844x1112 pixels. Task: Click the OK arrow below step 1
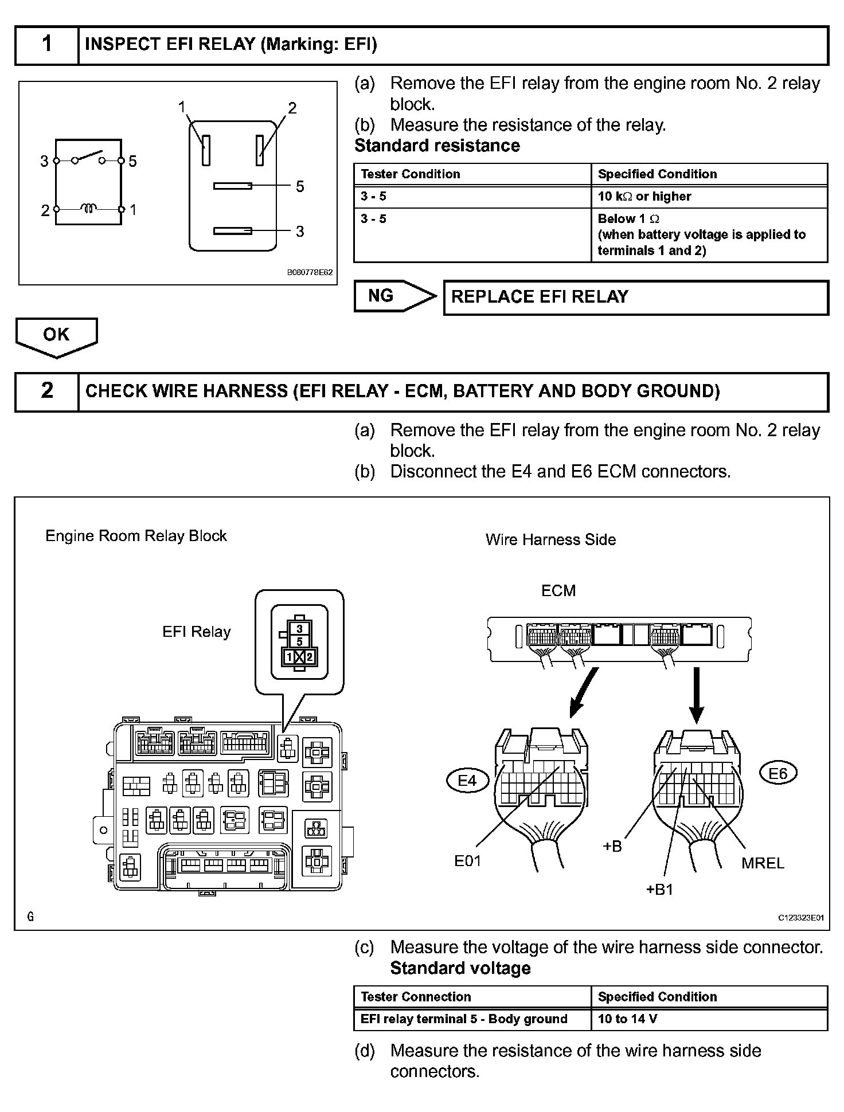coord(56,336)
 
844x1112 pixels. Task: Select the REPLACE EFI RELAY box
coord(636,297)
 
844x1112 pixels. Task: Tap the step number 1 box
coord(46,44)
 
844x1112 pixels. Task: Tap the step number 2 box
coord(46,391)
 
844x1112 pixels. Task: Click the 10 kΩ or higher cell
coord(709,197)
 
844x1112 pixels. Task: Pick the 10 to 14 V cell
coord(709,1019)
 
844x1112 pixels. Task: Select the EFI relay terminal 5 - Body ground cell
coord(472,1019)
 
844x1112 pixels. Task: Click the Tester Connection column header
coord(472,996)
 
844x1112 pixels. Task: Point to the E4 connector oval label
coord(467,781)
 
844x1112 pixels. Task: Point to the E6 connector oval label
coord(777,774)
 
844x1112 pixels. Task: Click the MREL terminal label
coord(762,863)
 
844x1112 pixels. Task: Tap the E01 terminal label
coord(467,860)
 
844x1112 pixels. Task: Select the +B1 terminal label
coord(659,889)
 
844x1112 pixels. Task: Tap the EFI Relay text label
coord(196,632)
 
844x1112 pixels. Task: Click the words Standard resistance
coord(437,146)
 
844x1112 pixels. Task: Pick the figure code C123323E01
coord(800,918)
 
